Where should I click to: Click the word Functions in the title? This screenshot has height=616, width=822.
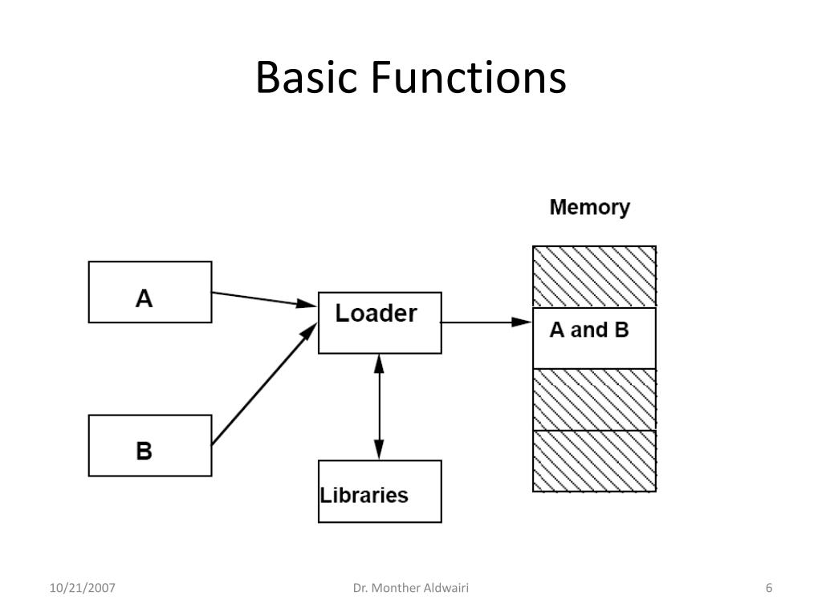[x=469, y=77]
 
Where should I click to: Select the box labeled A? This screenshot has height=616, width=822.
[x=150, y=292]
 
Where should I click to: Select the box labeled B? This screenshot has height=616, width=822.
[x=150, y=445]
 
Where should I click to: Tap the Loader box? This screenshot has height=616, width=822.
[x=380, y=322]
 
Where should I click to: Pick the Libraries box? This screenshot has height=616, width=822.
[x=380, y=492]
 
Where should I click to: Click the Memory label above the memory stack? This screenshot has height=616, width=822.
[x=590, y=208]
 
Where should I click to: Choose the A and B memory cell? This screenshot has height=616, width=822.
[x=595, y=338]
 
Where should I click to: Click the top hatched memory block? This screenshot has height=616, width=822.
[x=595, y=277]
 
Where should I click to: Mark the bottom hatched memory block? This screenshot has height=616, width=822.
[x=595, y=461]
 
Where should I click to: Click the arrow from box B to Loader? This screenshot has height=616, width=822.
[x=265, y=384]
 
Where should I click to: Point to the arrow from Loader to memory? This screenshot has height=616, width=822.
[x=487, y=322]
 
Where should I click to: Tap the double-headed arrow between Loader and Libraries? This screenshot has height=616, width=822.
[x=379, y=407]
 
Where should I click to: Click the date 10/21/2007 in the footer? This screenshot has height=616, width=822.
[x=83, y=588]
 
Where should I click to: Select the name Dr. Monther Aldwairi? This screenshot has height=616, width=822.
[x=411, y=588]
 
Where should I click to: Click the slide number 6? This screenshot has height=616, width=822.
[x=769, y=588]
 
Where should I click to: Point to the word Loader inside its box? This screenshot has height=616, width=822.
[x=376, y=314]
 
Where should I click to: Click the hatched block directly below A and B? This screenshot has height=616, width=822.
[x=595, y=399]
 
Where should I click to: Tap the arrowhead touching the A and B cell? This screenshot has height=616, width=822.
[x=522, y=322]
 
